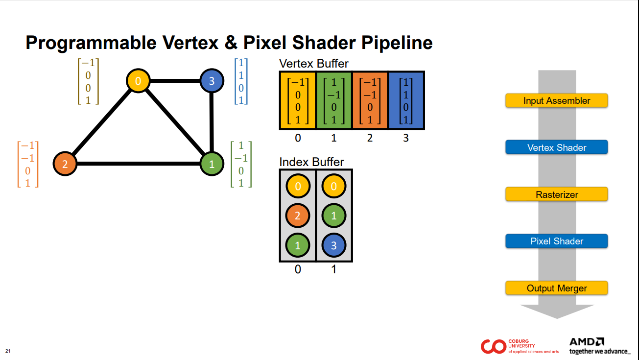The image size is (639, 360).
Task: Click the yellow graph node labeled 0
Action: (138, 81)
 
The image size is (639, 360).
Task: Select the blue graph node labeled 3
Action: (212, 81)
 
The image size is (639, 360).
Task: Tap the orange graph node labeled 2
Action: (65, 164)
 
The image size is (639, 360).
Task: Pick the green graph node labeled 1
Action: (212, 164)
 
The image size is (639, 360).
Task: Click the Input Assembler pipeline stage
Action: (556, 101)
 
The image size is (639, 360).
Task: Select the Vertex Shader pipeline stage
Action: (556, 147)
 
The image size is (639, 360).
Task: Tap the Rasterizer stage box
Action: (556, 194)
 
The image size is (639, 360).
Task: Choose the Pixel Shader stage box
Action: (556, 241)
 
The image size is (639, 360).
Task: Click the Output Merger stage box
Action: (556, 288)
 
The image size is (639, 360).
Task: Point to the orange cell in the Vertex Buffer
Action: (370, 100)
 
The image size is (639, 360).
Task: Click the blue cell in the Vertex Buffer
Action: (406, 100)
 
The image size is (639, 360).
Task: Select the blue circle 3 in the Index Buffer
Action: (334, 245)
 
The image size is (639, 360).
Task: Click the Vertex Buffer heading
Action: (313, 64)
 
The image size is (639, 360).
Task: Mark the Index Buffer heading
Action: (311, 162)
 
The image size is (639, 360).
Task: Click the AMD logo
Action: (587, 341)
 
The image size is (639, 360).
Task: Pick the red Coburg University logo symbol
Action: (493, 346)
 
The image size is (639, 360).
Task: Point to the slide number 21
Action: (8, 351)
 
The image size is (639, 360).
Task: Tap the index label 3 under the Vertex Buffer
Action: (406, 138)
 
